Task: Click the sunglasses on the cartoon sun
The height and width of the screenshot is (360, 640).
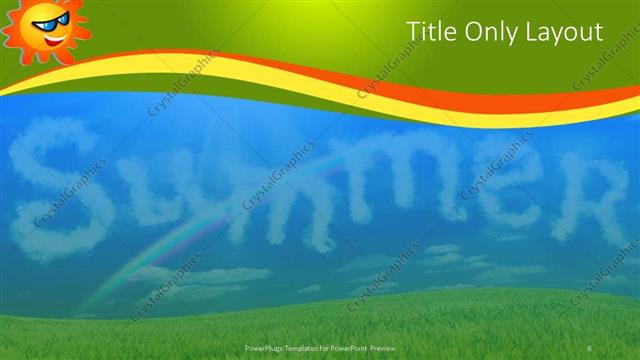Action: click(x=45, y=21)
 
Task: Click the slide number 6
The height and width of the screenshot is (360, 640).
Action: click(x=590, y=347)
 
